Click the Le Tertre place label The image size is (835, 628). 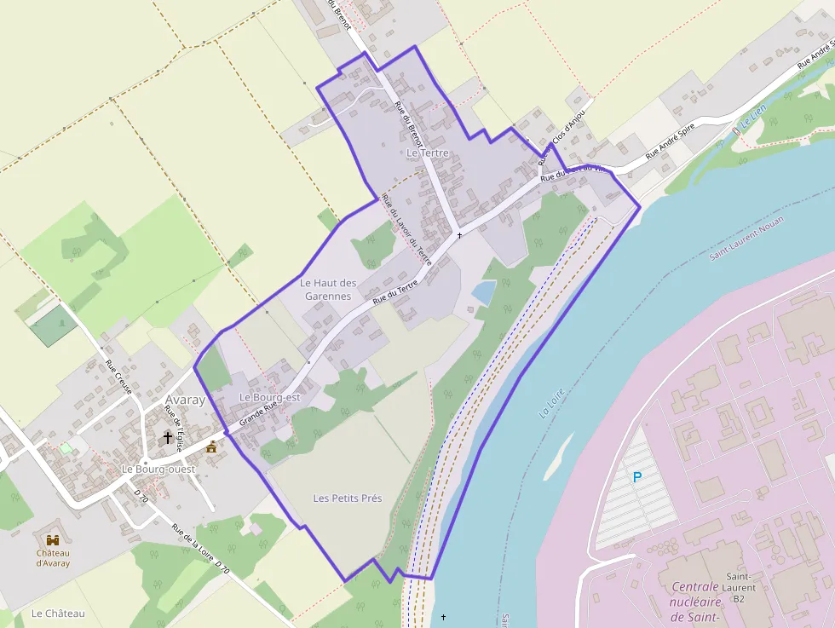[427, 153]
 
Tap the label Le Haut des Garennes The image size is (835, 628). [327, 289]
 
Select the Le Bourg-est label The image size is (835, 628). [270, 397]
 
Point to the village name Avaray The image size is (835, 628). [184, 400]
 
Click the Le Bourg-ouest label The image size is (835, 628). [158, 470]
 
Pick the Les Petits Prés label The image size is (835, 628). [348, 498]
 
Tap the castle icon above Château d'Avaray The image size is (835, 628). [53, 540]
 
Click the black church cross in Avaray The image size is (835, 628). [168, 439]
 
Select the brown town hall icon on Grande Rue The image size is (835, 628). [211, 446]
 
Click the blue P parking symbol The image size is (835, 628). [636, 478]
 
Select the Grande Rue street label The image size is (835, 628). [259, 414]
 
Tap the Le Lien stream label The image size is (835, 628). [754, 116]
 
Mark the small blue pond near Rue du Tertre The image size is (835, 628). [483, 292]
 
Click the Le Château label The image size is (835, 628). [58, 614]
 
